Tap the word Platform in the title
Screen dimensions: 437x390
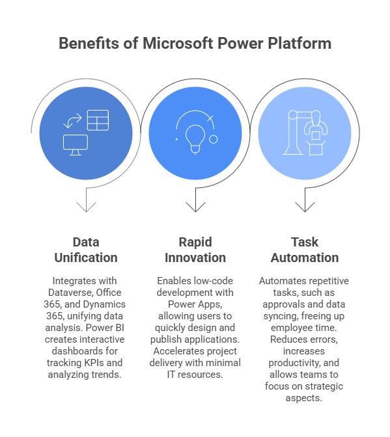(299, 44)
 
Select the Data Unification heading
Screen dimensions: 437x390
(86, 250)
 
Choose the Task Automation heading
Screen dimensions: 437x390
(304, 250)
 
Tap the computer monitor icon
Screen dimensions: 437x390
(76, 144)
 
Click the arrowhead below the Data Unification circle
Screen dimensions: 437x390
(86, 207)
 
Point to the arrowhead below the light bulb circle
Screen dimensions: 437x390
(195, 207)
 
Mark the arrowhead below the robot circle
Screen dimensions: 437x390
(304, 207)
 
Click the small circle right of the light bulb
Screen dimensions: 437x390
(213, 139)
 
